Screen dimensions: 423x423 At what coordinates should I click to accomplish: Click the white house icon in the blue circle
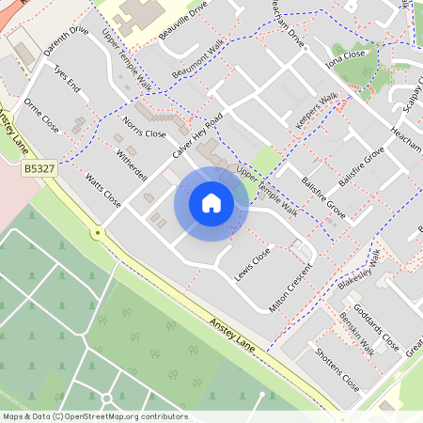211,203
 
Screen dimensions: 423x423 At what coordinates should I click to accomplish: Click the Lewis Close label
253,263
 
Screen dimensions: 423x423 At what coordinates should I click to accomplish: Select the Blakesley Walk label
358,272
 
